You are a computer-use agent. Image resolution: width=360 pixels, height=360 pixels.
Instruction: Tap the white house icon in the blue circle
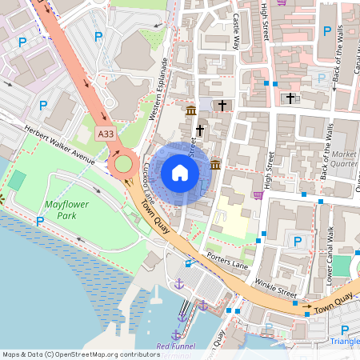(180, 172)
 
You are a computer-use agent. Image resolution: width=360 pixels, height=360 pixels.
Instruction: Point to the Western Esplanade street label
(158, 90)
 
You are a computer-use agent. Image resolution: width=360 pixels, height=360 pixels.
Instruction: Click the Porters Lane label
(227, 259)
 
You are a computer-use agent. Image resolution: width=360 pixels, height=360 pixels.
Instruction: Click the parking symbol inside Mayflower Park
(39, 221)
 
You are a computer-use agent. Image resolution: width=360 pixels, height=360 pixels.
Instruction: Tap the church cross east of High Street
(290, 98)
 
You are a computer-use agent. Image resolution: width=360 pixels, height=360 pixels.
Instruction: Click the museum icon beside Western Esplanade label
(191, 110)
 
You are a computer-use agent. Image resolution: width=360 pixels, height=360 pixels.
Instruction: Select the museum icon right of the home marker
(216, 165)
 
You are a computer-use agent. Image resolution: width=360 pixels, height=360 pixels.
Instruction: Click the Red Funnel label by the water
(175, 346)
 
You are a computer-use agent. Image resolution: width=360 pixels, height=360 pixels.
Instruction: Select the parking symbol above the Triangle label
(345, 329)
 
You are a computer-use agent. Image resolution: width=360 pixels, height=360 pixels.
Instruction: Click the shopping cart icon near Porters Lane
(258, 195)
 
